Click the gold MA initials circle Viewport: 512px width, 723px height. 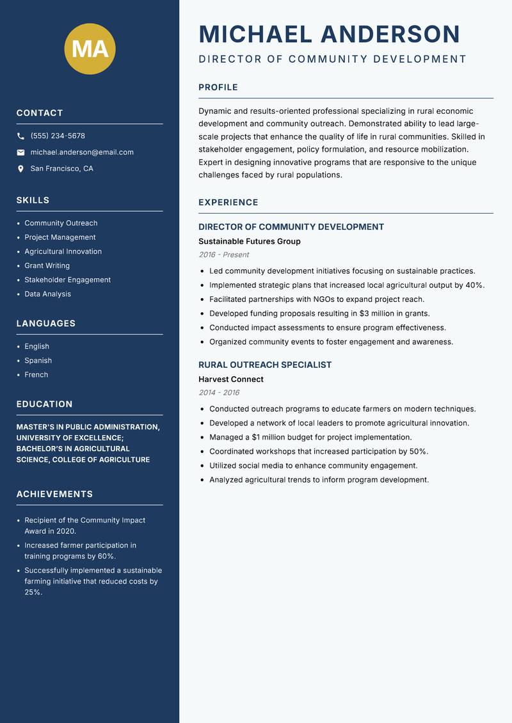(90, 49)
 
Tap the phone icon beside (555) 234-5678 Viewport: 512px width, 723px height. (20, 136)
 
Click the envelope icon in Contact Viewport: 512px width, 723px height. (20, 152)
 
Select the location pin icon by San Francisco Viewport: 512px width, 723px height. (20, 169)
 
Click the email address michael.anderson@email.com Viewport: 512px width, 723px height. (82, 152)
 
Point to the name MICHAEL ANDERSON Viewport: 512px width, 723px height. (330, 34)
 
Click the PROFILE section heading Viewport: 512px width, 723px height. (218, 88)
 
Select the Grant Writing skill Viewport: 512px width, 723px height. (47, 266)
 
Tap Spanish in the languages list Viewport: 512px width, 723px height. (38, 360)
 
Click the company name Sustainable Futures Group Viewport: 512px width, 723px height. (249, 241)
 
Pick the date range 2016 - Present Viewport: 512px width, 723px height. (223, 255)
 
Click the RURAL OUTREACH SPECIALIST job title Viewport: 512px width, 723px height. (265, 365)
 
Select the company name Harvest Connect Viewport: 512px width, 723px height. (230, 379)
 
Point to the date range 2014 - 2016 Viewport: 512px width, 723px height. (219, 393)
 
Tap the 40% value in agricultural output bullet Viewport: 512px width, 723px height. (474, 285)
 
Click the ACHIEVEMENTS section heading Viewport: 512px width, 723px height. (54, 494)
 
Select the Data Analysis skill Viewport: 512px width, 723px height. (47, 294)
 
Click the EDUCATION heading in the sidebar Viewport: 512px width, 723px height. (44, 404)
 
